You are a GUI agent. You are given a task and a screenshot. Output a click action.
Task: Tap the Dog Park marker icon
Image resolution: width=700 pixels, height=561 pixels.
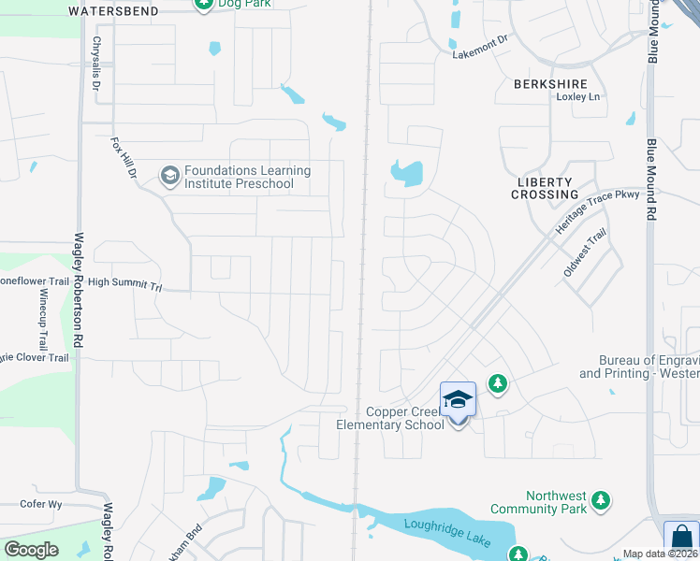click(203, 4)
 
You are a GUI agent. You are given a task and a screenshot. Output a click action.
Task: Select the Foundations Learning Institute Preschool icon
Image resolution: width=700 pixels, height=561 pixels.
click(169, 176)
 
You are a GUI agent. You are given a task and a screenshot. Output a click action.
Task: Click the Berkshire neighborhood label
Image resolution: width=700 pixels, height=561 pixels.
click(550, 83)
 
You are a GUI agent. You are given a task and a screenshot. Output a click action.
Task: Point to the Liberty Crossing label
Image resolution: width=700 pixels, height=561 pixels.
click(545, 188)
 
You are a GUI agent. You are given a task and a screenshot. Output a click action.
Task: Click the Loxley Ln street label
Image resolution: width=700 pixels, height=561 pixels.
click(577, 96)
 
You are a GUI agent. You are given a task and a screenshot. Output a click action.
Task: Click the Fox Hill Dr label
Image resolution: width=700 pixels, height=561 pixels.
click(124, 159)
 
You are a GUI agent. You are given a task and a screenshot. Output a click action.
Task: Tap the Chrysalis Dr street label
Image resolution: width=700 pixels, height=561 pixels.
click(96, 65)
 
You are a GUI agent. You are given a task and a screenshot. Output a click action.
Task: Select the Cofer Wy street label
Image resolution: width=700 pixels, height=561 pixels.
click(41, 504)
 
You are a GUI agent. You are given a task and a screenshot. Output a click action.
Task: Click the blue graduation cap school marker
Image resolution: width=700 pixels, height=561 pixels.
click(458, 399)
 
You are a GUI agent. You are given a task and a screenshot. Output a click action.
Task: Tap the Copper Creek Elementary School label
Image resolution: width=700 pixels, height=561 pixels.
click(390, 419)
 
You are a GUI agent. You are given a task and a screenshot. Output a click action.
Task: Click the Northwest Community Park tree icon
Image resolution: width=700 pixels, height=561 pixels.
click(600, 502)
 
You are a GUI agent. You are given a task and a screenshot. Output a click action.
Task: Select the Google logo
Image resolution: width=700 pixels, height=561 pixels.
click(31, 550)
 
